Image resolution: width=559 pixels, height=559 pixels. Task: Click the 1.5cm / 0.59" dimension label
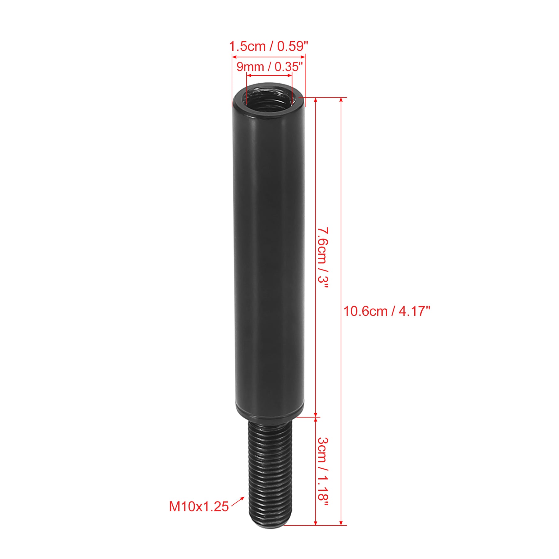pyautogui.click(x=269, y=46)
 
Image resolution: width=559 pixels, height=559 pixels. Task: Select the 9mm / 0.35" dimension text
pyautogui.click(x=269, y=66)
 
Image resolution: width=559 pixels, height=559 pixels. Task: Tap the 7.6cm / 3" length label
pyautogui.click(x=323, y=258)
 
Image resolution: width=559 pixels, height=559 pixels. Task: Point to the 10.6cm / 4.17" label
pyautogui.click(x=387, y=311)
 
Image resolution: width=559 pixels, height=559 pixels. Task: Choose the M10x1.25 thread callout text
pyautogui.click(x=199, y=507)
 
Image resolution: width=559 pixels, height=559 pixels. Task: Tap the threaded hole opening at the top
pyautogui.click(x=269, y=98)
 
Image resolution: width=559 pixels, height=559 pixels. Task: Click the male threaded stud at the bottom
pyautogui.click(x=270, y=472)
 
